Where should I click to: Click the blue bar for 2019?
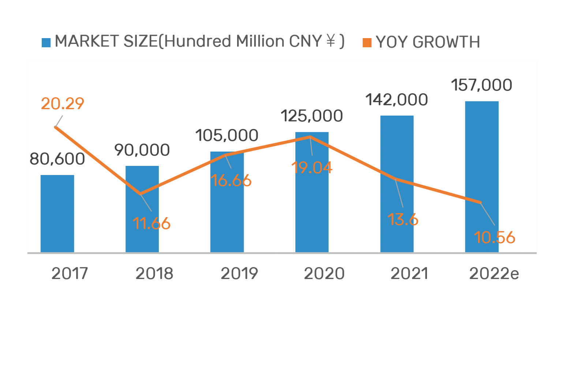pos(227,202)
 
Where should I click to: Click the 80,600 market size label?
pos(57,159)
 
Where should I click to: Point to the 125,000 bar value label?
pos(312,116)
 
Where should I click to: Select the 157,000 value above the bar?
pos(481,85)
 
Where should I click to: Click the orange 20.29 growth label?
pos(63,104)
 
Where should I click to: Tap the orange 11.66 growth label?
pos(151,223)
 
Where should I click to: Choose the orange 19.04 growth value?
pos(312,168)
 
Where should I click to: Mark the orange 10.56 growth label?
pos(494,238)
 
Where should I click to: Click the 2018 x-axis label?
pos(154,273)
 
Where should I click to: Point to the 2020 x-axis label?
pos(324,273)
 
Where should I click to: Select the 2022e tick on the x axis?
pos(494,273)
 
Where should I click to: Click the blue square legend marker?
pos(46,42)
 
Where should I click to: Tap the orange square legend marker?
pos(367,42)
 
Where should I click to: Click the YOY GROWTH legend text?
pos(428,42)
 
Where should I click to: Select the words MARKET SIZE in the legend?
pos(106,41)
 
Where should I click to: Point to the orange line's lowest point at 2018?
pos(141,194)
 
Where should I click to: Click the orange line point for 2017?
pos(56,127)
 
